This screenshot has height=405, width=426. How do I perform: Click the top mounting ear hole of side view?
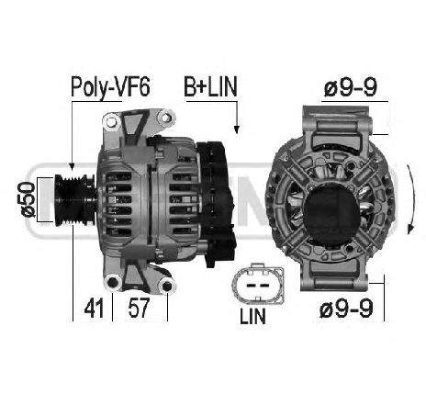tap(164, 118)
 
